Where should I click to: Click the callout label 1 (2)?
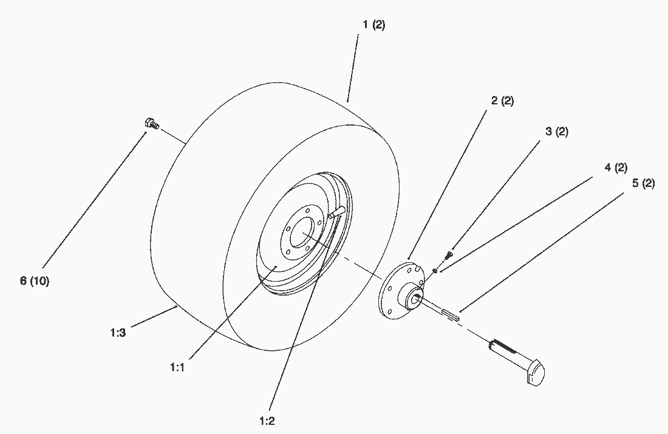[374, 25]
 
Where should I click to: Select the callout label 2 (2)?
[502, 101]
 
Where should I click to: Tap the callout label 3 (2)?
[556, 132]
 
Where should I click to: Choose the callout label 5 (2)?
[643, 183]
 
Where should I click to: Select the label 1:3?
[118, 332]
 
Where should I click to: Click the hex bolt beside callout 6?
[151, 124]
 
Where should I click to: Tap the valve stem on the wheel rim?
[336, 212]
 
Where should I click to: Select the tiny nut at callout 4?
[435, 270]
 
